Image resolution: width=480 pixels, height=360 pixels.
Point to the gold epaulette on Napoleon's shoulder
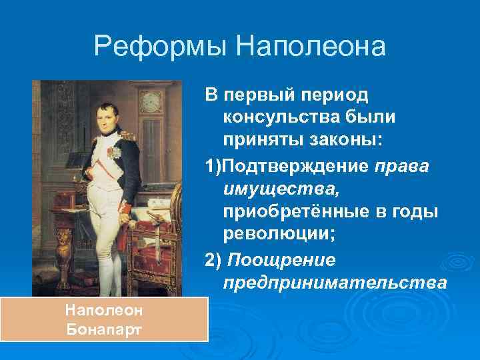point(129,133)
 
